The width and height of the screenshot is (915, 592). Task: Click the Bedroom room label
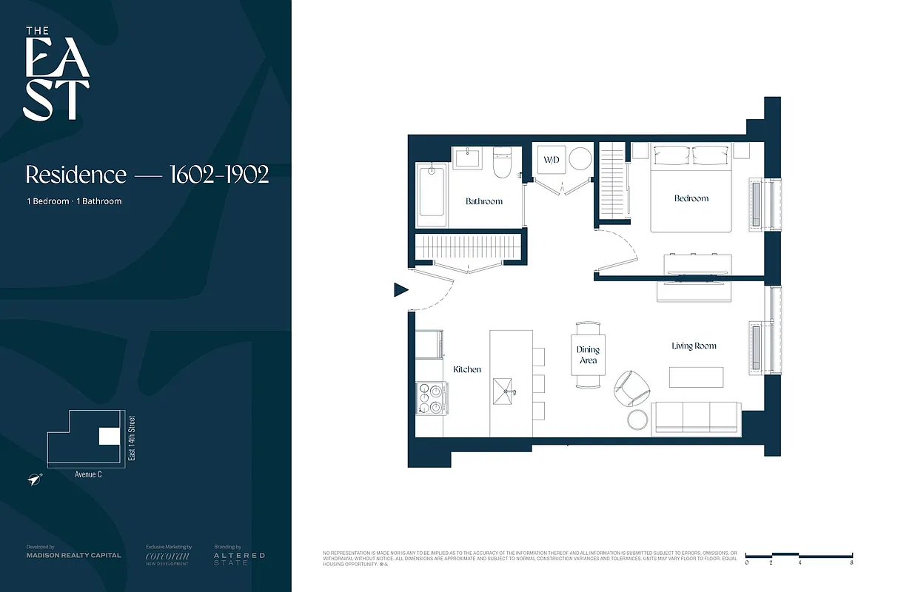tap(691, 198)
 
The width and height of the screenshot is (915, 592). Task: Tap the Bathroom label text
tap(484, 201)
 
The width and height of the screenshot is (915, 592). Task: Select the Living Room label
tap(694, 346)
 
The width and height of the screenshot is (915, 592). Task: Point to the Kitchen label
tap(467, 369)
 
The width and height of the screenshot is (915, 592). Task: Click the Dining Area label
tap(588, 355)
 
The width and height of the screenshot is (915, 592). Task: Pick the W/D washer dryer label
tap(552, 160)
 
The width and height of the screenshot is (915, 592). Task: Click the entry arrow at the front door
tap(400, 290)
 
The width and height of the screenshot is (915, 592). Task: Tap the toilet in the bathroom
tap(503, 164)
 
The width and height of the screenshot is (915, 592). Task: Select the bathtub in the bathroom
tap(431, 196)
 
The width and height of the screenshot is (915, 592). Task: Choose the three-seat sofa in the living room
tap(695, 418)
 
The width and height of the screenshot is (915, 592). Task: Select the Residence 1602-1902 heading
tap(147, 175)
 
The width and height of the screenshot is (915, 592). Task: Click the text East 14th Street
tap(133, 439)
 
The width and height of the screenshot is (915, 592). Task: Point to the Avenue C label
tap(88, 474)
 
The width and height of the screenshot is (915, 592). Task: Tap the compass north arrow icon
tap(34, 480)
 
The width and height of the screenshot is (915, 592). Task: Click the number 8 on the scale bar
tap(853, 563)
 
